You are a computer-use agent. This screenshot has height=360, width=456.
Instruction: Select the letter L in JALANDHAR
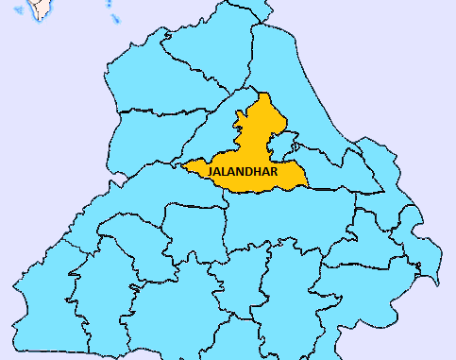tap(224, 170)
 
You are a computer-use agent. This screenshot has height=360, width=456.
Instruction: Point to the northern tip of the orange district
tap(265, 94)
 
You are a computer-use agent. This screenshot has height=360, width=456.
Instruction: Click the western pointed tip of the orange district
tap(183, 168)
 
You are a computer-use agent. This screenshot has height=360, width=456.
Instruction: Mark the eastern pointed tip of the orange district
tap(308, 181)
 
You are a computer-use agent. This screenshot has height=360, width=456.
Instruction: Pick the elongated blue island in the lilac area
tap(112, 17)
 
